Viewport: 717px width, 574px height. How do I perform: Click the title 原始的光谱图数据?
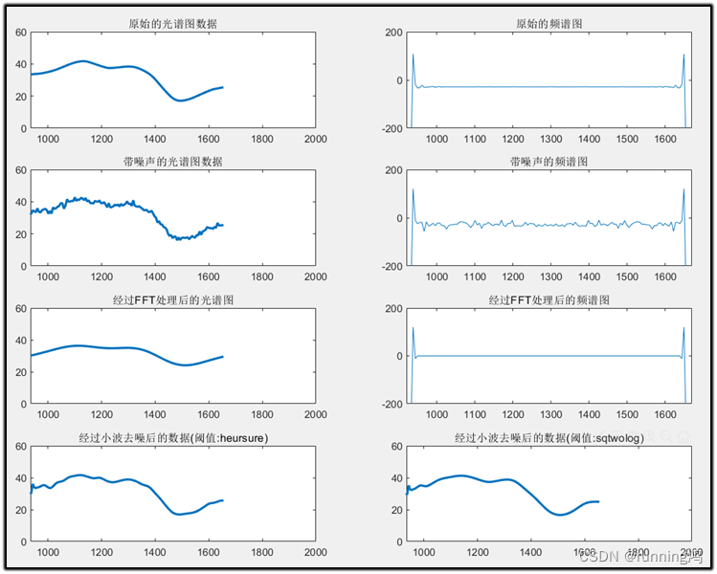pyautogui.click(x=172, y=24)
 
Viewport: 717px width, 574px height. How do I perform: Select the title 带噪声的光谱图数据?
pyautogui.click(x=172, y=162)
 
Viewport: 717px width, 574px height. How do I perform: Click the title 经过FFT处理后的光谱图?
pyautogui.click(x=172, y=299)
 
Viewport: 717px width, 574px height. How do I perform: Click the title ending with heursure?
pyautogui.click(x=172, y=438)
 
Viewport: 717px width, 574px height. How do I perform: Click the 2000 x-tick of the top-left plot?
pyautogui.click(x=315, y=140)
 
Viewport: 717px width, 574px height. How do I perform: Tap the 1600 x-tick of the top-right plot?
pyautogui.click(x=627, y=140)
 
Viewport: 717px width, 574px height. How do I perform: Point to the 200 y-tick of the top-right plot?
pyautogui.click(x=393, y=33)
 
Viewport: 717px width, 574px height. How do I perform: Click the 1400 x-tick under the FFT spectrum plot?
pyautogui.click(x=172, y=415)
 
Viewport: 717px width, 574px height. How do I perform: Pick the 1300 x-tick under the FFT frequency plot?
pyautogui.click(x=513, y=415)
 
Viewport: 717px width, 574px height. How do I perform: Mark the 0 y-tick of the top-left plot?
pyautogui.click(x=23, y=128)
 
